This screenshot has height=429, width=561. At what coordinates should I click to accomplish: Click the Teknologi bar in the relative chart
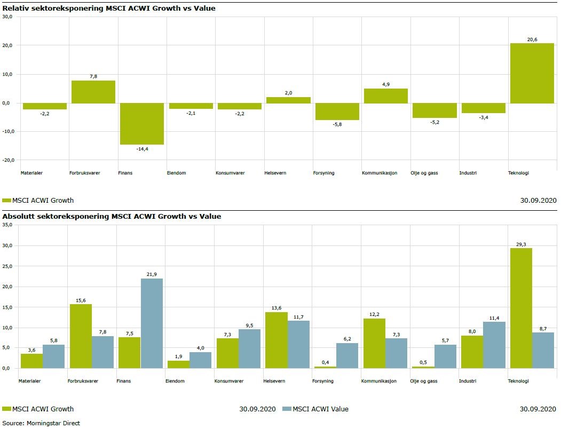[532, 73]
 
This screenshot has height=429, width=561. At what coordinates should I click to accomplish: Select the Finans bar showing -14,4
[141, 123]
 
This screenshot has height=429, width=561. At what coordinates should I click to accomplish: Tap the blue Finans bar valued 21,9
[152, 323]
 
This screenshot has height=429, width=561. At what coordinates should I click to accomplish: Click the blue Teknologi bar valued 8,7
[543, 350]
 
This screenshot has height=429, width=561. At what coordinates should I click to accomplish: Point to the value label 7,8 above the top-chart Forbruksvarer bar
[93, 76]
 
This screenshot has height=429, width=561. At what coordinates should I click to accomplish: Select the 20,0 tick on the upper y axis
[9, 45]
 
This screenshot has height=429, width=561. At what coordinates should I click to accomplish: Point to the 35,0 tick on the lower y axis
[7, 225]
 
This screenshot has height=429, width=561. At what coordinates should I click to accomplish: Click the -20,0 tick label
[7, 160]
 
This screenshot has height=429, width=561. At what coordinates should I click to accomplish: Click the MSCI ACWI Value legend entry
[315, 409]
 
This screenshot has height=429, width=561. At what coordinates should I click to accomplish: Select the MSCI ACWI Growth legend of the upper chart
[38, 200]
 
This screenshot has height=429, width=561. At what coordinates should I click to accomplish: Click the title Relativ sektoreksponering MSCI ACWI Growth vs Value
[109, 9]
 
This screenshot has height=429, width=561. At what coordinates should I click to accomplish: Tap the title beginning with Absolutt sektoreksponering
[112, 216]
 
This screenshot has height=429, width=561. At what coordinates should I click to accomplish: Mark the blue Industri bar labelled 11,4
[494, 345]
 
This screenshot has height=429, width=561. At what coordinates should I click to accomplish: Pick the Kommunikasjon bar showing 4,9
[385, 96]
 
